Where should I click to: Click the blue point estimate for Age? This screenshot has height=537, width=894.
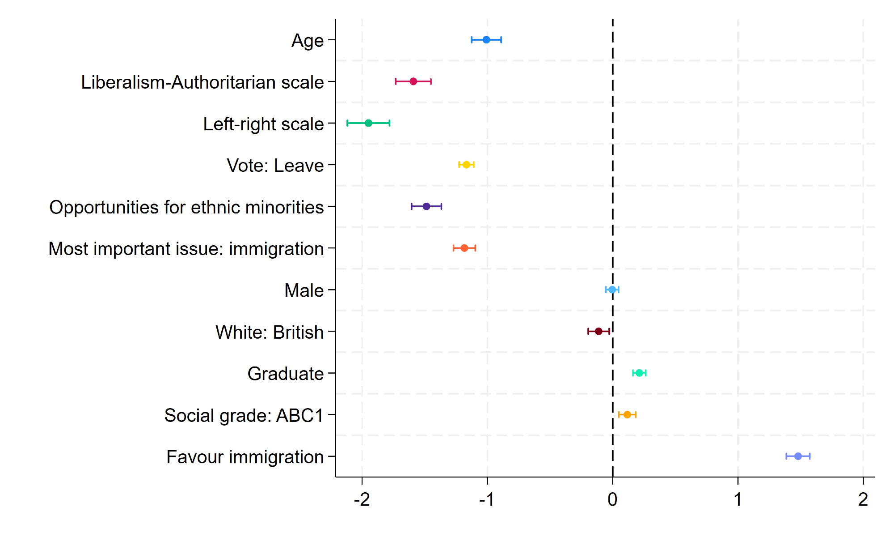[486, 40]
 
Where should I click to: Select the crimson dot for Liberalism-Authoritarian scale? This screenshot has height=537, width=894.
[413, 81]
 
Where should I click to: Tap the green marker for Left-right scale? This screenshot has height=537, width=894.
[368, 123]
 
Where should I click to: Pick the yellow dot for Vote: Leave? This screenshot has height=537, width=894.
[466, 165]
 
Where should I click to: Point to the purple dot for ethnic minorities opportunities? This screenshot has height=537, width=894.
[426, 206]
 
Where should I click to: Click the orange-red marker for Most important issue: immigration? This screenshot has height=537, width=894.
[464, 248]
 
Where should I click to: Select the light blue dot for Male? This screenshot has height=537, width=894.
[612, 290]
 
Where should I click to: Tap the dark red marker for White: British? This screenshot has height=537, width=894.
[599, 331]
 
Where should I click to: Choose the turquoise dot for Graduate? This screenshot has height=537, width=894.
[639, 373]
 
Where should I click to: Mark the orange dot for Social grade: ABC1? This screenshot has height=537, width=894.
[627, 414]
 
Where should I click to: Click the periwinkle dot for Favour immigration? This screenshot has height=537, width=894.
[798, 456]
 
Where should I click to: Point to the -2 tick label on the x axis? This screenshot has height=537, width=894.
[362, 499]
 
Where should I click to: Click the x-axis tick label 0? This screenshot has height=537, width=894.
[612, 499]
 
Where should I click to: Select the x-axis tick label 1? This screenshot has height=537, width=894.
[738, 499]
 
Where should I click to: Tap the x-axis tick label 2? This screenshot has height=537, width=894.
[863, 499]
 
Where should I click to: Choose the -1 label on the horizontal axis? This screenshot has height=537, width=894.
[487, 499]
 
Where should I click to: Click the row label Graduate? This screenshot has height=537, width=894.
[285, 374]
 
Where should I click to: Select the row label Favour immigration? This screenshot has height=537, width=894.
[245, 457]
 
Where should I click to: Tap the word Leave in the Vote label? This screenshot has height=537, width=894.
[299, 166]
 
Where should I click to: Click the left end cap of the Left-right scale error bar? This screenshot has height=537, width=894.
[347, 123]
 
